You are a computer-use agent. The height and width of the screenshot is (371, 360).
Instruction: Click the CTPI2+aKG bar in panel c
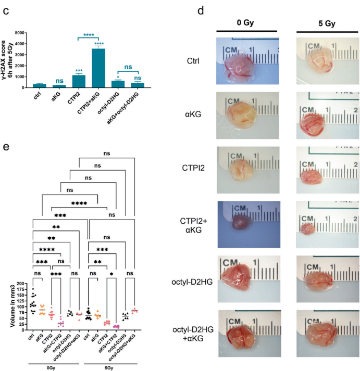[98, 68]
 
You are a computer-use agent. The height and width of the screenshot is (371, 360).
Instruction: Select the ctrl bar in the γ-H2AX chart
[39, 86]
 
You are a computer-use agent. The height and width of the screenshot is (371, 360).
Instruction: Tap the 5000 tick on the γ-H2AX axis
[19, 33]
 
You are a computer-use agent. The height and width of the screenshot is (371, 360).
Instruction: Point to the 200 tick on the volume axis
[21, 284]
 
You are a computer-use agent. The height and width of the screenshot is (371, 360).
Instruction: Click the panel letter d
[201, 10]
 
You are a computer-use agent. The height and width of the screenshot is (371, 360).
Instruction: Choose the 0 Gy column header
[245, 23]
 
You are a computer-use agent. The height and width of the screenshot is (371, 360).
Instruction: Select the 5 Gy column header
[327, 23]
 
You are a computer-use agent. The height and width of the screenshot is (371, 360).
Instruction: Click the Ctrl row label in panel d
[193, 61]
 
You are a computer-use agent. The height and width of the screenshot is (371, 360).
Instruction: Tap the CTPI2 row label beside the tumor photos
[193, 168]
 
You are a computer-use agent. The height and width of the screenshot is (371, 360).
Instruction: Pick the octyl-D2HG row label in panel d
[192, 282]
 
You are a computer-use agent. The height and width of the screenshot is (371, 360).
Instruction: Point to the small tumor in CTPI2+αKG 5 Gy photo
[308, 229]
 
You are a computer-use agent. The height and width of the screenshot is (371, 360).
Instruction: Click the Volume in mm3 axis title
[13, 306]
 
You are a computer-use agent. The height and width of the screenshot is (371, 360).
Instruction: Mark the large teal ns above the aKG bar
[59, 81]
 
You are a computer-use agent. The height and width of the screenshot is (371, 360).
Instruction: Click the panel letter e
[6, 147]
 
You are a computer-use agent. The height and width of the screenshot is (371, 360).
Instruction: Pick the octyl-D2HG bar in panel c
[118, 84]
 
